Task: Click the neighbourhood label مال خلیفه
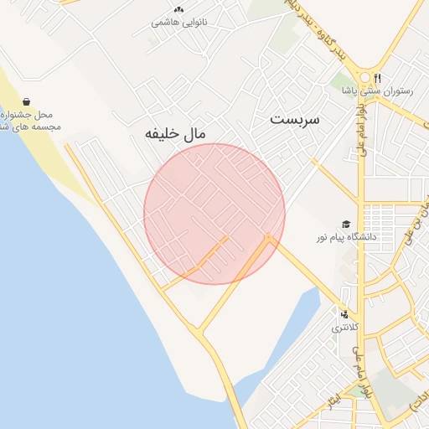[175, 133]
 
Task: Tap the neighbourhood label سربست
[295, 120]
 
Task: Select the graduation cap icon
[345, 224]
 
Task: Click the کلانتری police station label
[344, 328]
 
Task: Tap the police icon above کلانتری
[344, 314]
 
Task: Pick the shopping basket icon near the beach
[27, 101]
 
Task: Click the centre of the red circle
[214, 214]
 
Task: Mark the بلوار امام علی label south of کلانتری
[360, 377]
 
